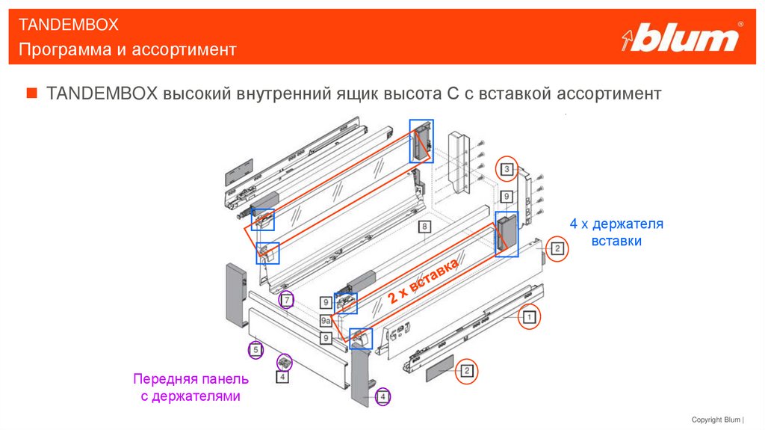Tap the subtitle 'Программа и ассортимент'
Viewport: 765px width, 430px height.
[x=128, y=50]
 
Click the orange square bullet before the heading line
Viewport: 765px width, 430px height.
[x=31, y=93]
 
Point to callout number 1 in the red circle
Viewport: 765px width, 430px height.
[x=528, y=316]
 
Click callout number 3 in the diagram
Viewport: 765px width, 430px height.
[x=507, y=169]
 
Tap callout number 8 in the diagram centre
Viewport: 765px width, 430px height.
[x=424, y=227]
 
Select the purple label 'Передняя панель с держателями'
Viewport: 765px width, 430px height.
[x=191, y=387]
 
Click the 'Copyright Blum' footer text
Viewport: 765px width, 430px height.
[x=718, y=420]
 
